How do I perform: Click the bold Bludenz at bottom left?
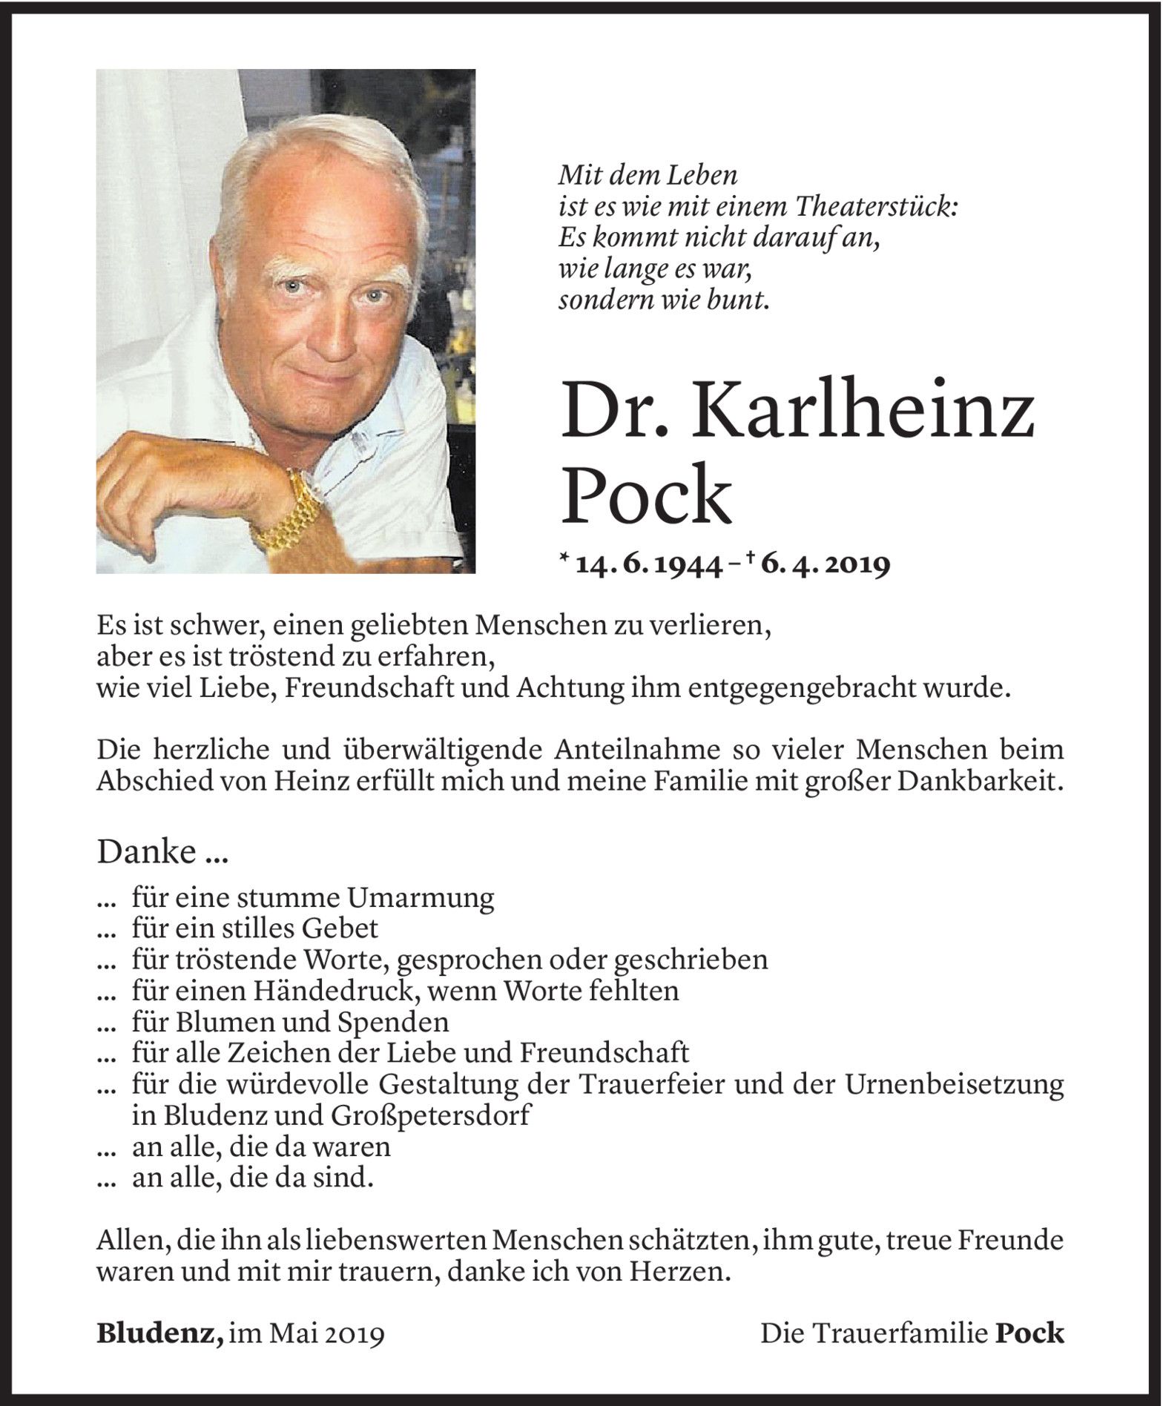(159, 1334)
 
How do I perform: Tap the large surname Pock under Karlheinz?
(646, 494)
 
